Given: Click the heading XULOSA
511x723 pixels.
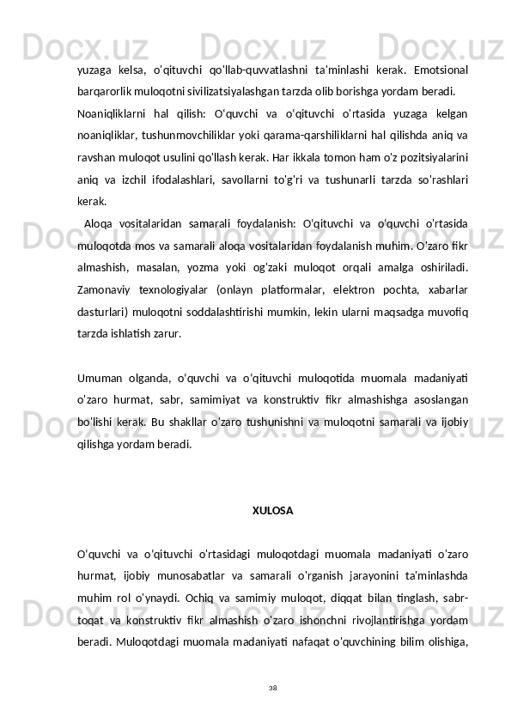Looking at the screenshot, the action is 272,510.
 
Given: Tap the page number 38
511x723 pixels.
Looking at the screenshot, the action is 272,687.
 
